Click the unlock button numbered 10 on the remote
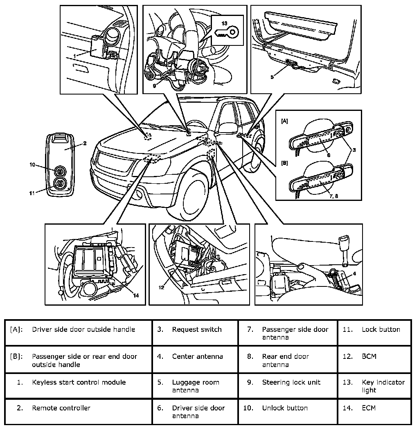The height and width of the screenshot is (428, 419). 60,171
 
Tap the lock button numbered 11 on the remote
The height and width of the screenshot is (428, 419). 60,184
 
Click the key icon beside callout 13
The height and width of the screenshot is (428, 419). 228,32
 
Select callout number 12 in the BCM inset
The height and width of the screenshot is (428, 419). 162,287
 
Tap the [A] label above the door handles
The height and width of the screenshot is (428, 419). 285,121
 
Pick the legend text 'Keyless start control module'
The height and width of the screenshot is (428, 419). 79,383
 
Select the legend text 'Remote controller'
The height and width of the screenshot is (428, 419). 61,408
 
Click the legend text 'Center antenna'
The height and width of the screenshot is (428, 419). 197,356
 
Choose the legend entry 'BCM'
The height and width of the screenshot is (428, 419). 369,356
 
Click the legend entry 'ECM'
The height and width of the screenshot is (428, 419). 369,408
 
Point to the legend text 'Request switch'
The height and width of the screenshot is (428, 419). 197,329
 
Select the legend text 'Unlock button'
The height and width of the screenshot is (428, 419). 285,408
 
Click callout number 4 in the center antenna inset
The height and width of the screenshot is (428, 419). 354,273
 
